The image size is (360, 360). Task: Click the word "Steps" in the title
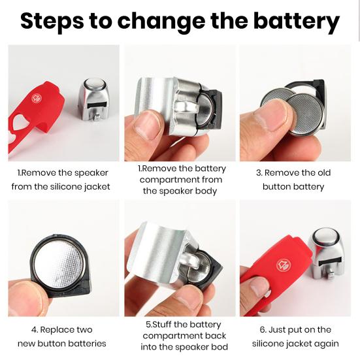(x=52, y=21)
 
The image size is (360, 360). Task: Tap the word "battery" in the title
(x=297, y=21)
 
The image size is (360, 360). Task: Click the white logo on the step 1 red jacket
(x=37, y=98)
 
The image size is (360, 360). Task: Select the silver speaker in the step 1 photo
(x=93, y=99)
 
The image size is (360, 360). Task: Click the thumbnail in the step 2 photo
(x=146, y=126)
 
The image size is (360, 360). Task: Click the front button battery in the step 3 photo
(x=306, y=115)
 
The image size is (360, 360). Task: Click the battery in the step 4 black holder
(x=59, y=264)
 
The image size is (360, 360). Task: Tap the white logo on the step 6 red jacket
(x=283, y=265)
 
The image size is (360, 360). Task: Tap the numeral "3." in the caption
(x=259, y=173)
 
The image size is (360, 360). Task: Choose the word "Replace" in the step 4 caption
(x=56, y=330)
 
